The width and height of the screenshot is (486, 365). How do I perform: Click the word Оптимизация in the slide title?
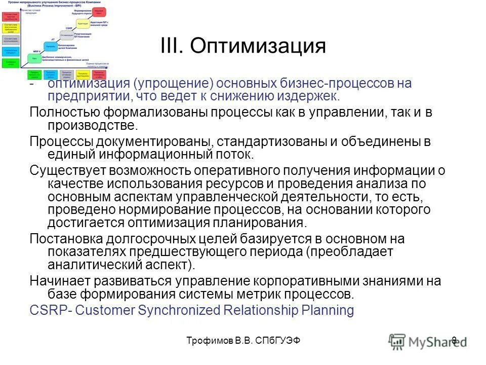258,47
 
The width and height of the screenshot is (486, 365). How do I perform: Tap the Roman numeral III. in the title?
174,47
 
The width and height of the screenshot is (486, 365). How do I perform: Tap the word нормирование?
165,209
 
